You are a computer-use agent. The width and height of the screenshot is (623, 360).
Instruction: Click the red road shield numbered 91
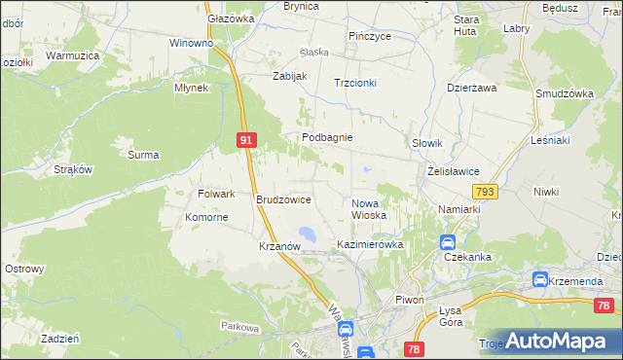click(246, 140)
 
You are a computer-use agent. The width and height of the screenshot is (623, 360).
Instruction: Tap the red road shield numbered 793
click(487, 192)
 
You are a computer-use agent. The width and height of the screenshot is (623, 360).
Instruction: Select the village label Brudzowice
click(283, 199)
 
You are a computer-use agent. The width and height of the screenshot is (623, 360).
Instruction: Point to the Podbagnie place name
click(326, 138)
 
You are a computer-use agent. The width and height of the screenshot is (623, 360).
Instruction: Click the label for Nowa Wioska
click(369, 208)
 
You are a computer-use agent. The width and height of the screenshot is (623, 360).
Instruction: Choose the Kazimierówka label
click(370, 244)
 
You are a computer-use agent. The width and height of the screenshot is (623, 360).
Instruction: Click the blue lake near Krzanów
click(308, 234)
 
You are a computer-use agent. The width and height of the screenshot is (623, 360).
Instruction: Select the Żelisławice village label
click(454, 171)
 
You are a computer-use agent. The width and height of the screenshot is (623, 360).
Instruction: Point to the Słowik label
click(428, 143)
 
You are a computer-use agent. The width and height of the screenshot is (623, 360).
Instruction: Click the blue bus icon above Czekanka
click(447, 242)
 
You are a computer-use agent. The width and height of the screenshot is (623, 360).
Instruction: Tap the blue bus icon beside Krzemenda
click(539, 280)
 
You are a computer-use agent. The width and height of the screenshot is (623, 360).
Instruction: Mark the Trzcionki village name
click(354, 83)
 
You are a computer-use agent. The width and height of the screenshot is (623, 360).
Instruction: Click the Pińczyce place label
click(370, 36)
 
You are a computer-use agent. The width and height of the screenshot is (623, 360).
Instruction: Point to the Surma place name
click(143, 154)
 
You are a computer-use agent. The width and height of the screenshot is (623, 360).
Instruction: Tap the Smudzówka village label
click(565, 93)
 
